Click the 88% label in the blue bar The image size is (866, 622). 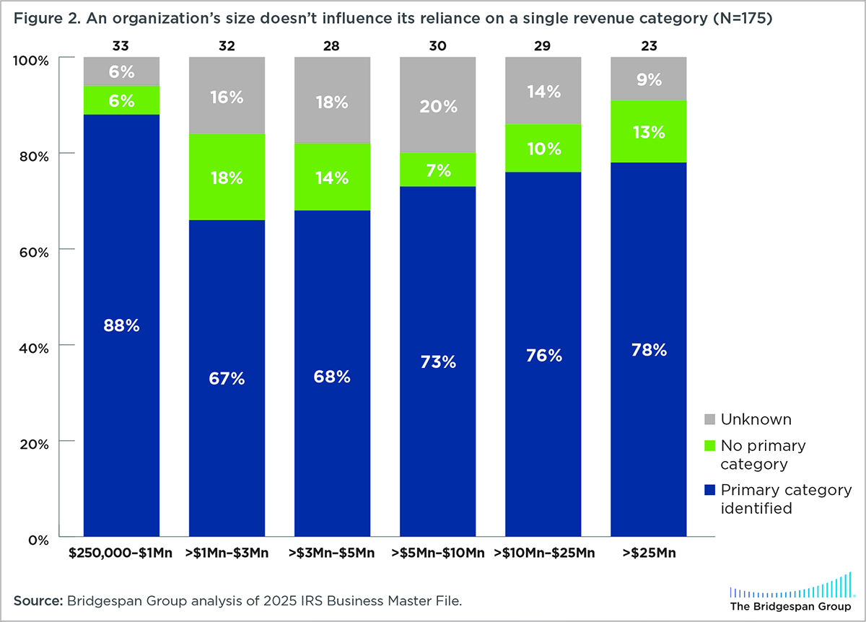(x=121, y=325)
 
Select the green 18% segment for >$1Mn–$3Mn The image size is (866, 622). (x=227, y=178)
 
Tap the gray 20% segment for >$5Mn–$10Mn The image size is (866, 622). (x=437, y=105)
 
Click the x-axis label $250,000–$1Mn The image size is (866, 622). (x=121, y=553)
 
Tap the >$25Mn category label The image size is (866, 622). (x=648, y=553)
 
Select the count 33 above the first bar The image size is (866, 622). (x=121, y=46)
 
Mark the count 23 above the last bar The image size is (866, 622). (x=648, y=46)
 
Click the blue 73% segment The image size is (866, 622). (x=437, y=361)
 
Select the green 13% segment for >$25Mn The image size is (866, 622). (x=648, y=132)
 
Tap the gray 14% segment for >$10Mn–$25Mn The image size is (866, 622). (x=543, y=92)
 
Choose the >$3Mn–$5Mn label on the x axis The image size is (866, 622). (x=332, y=553)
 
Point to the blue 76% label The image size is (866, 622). (x=543, y=355)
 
